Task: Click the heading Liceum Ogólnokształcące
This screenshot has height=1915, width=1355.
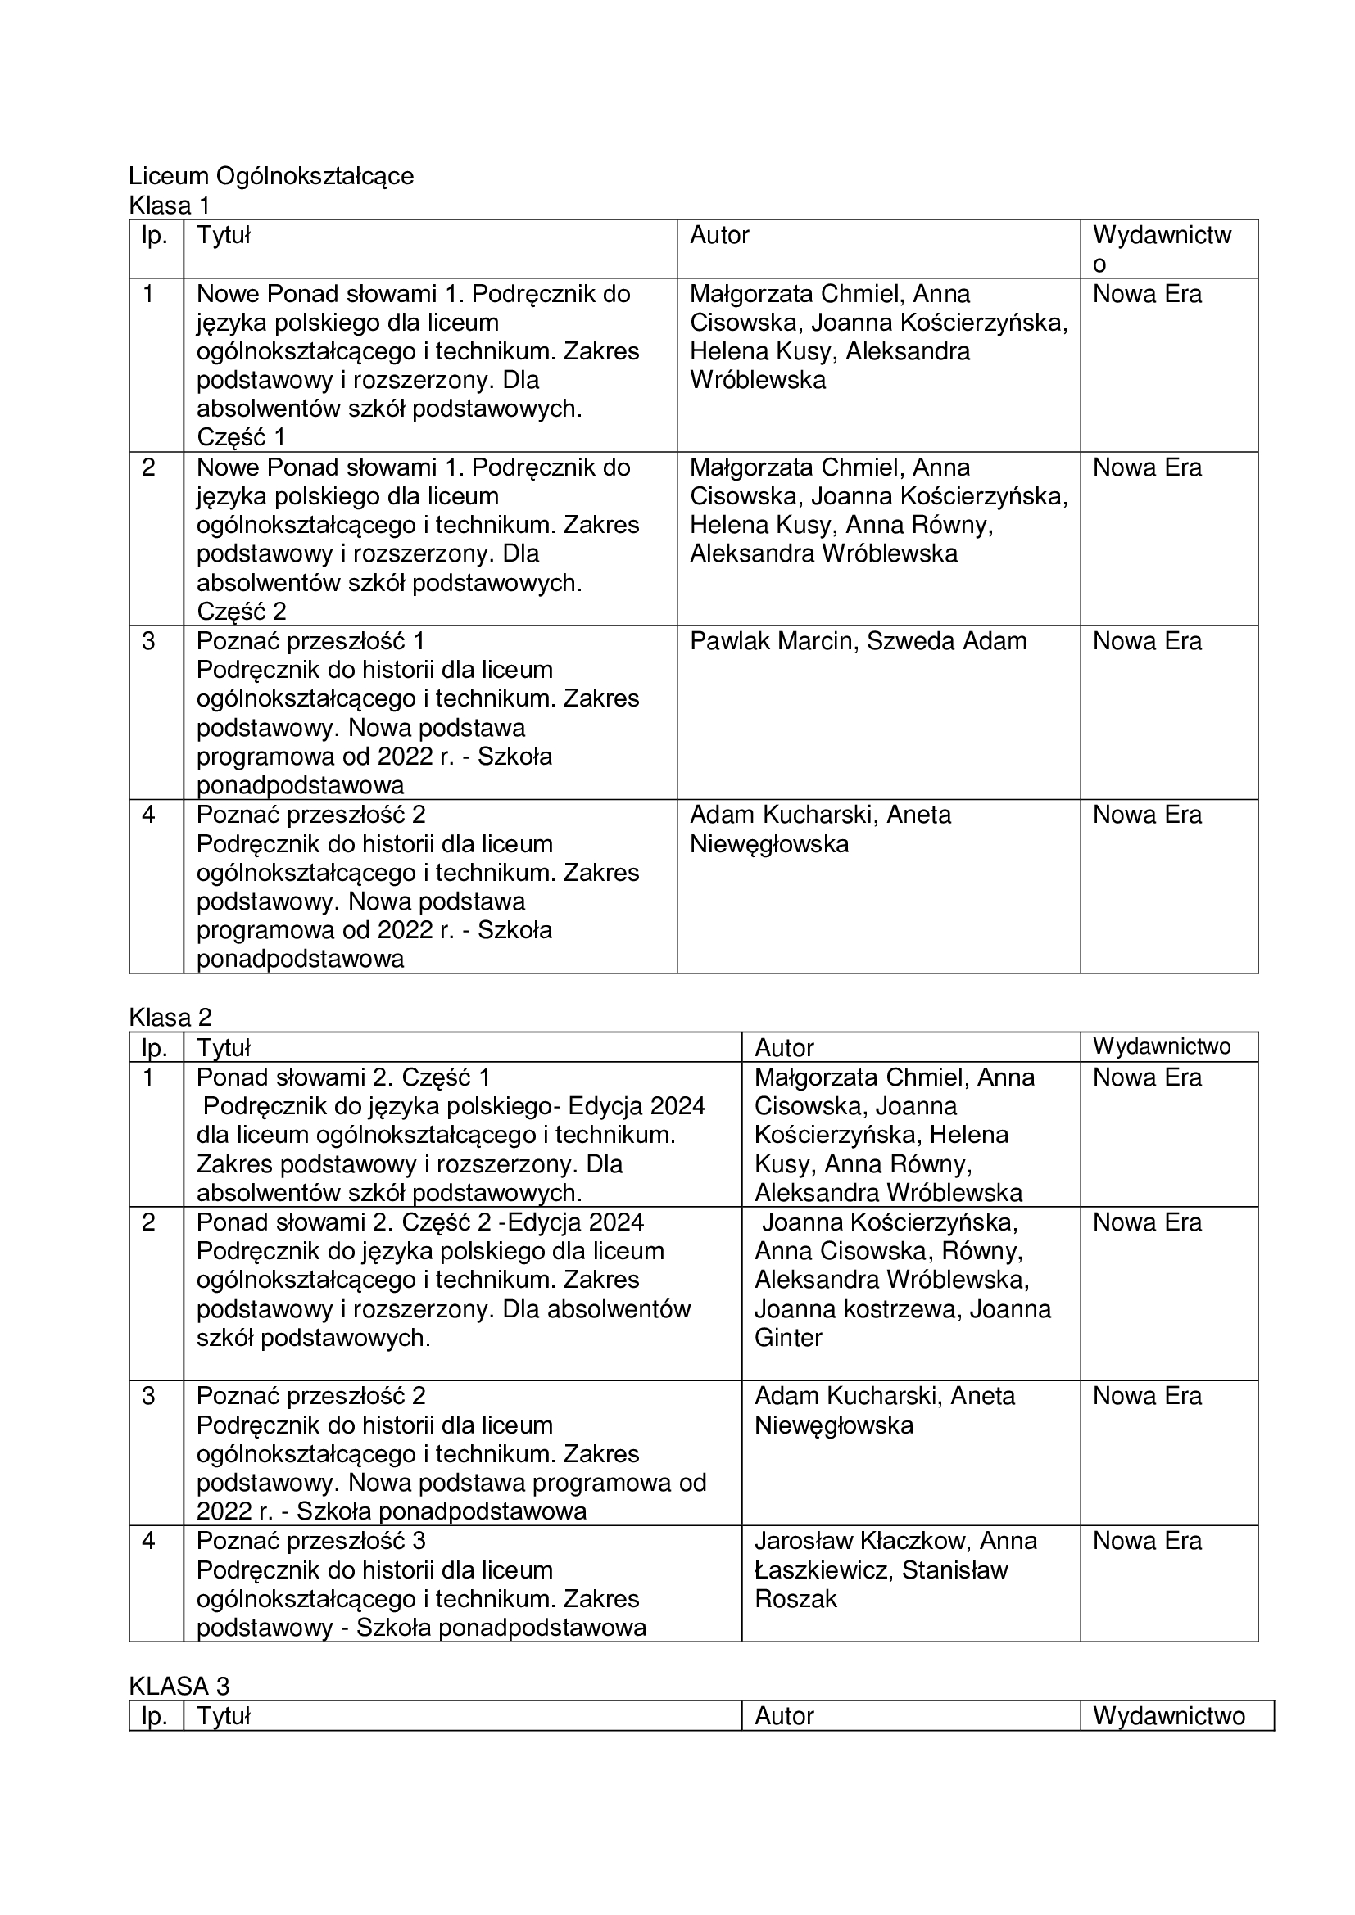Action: [x=271, y=177]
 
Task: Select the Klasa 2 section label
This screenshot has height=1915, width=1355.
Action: [x=170, y=1018]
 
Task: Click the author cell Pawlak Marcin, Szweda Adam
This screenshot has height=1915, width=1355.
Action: [x=858, y=641]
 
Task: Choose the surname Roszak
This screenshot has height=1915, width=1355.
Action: [x=795, y=1599]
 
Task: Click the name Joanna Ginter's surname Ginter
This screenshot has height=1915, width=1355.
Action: [x=788, y=1338]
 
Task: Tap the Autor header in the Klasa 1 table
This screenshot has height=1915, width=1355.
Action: [x=719, y=236]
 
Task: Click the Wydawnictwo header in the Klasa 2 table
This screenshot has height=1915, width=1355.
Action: [x=1162, y=1047]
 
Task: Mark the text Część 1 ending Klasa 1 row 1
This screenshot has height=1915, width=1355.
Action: [x=241, y=437]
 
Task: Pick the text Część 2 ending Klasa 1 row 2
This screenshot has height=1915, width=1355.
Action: [x=241, y=612]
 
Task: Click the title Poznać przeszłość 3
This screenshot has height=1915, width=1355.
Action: [x=311, y=1541]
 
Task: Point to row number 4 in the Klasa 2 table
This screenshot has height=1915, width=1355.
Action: [x=148, y=1541]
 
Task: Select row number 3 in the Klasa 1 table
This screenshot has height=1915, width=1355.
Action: [x=148, y=641]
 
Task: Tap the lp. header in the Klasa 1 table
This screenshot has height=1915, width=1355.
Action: [x=155, y=236]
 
